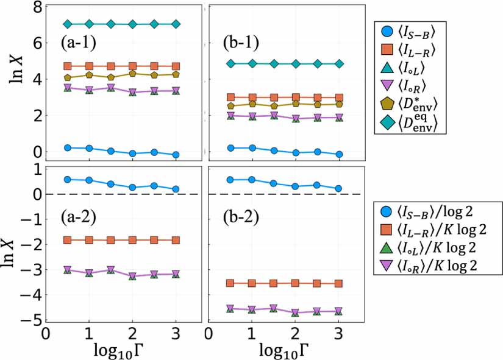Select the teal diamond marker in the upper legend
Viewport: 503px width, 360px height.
(x=386, y=128)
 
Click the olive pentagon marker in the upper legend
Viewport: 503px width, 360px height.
(x=386, y=108)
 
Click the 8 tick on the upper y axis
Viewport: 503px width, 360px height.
(x=36, y=7)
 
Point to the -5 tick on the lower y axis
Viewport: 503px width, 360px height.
(x=33, y=319)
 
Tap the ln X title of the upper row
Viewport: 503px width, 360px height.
(x=12, y=79)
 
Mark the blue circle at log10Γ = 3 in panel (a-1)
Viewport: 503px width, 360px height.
(x=176, y=155)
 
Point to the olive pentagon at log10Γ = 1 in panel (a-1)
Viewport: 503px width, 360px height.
(x=89, y=75)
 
